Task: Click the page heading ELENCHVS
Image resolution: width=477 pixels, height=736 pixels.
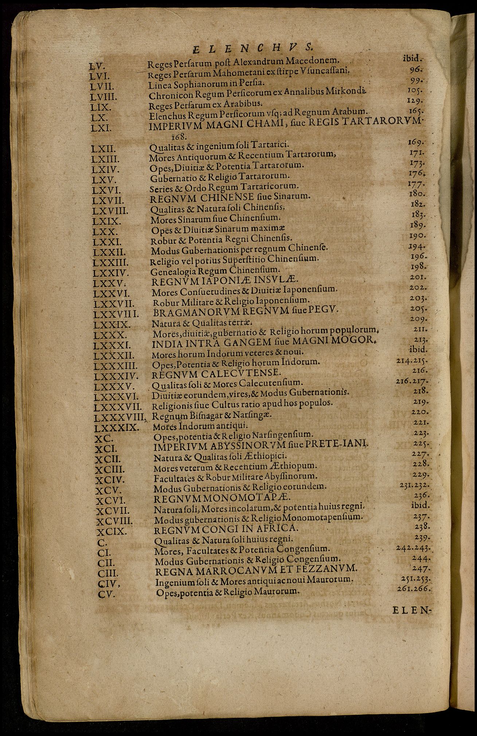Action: pos(251,47)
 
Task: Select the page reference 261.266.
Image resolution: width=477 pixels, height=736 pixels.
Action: pos(413,589)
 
